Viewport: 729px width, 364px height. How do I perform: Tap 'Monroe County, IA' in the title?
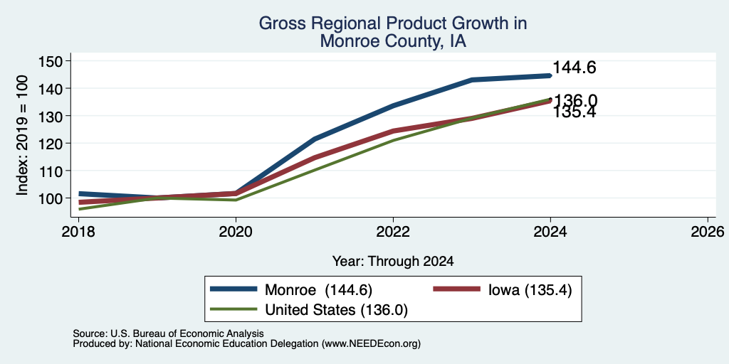click(393, 41)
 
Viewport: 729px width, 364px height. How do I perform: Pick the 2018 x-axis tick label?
click(78, 231)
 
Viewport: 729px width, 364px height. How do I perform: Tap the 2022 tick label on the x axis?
click(393, 231)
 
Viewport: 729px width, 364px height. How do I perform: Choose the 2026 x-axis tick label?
click(708, 231)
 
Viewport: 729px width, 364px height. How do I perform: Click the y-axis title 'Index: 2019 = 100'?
click(21, 135)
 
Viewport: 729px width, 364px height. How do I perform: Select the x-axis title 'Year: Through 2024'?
click(393, 262)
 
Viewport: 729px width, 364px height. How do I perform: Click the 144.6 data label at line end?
click(575, 68)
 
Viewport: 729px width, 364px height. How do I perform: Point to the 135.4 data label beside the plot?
click(575, 112)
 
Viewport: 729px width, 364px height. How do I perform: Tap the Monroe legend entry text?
click(318, 290)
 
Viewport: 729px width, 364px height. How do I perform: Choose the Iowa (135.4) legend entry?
click(530, 290)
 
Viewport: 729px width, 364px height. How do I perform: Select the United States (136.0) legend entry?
click(336, 310)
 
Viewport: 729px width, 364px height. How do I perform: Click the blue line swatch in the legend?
click(234, 289)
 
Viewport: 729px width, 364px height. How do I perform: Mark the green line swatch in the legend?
click(234, 309)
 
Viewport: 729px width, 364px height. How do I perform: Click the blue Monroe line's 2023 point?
click(472, 80)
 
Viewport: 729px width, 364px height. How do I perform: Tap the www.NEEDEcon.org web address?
click(370, 344)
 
